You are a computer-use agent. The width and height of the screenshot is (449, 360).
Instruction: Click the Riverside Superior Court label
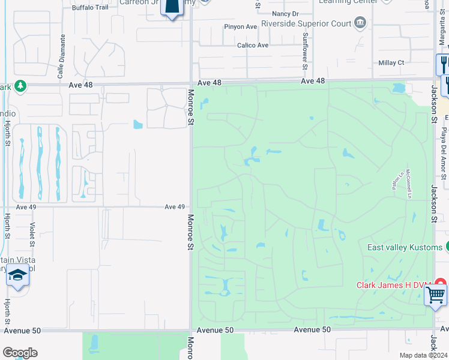click(x=306, y=24)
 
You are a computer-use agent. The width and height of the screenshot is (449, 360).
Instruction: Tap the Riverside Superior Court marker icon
click(x=360, y=24)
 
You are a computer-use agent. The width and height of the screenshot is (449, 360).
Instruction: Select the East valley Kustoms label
click(x=405, y=247)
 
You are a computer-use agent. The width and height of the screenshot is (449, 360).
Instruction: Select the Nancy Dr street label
click(x=285, y=13)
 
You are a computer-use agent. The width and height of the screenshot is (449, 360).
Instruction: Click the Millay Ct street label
click(x=391, y=62)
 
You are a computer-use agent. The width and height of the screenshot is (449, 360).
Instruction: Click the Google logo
click(x=20, y=353)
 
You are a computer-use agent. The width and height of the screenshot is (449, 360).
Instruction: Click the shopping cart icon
click(x=435, y=294)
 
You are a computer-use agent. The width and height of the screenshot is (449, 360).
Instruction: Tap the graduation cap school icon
click(x=18, y=275)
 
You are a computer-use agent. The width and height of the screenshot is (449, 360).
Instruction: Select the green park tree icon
click(x=20, y=86)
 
